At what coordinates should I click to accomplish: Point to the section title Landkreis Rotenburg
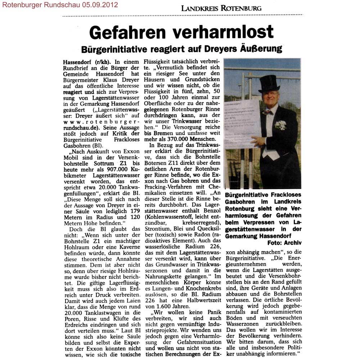(221, 8)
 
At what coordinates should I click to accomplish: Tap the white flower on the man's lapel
(280, 125)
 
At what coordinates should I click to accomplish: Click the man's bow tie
(267, 112)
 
